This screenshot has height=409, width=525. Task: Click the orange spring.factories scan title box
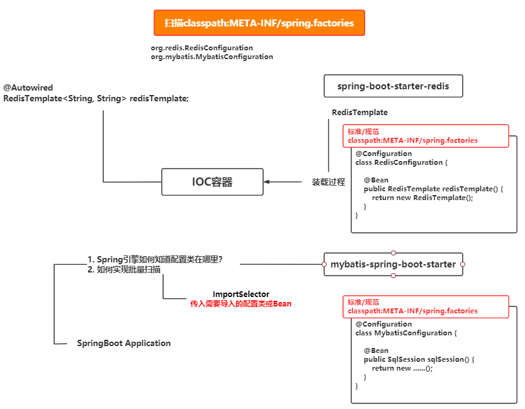pyautogui.click(x=259, y=23)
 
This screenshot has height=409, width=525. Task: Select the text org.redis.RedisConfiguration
pyautogui.click(x=201, y=48)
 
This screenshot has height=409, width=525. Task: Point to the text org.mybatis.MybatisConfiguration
pyautogui.click(x=212, y=57)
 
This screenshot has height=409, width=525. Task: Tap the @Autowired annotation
pyautogui.click(x=28, y=88)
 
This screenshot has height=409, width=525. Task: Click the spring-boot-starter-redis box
pyautogui.click(x=393, y=86)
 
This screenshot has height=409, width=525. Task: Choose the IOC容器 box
pyautogui.click(x=212, y=182)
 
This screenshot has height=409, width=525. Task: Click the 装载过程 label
pyautogui.click(x=328, y=182)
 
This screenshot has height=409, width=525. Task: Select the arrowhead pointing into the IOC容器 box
pyautogui.click(x=267, y=182)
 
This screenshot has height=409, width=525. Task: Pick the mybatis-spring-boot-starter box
pyautogui.click(x=393, y=264)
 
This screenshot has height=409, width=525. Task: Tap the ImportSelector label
pyautogui.click(x=240, y=294)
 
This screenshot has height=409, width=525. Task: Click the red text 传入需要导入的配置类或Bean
pyautogui.click(x=240, y=303)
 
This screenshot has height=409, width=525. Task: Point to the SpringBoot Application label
pyautogui.click(x=123, y=343)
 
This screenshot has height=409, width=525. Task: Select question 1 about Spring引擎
pyautogui.click(x=155, y=259)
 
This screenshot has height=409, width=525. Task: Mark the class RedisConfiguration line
pyautogui.click(x=401, y=162)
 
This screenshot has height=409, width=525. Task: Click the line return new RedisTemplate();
pyautogui.click(x=422, y=198)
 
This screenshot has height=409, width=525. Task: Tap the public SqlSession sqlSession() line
pyautogui.click(x=418, y=359)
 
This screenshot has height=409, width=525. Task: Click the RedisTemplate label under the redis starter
pyautogui.click(x=359, y=113)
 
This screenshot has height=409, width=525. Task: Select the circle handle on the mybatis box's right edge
pyautogui.click(x=463, y=264)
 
